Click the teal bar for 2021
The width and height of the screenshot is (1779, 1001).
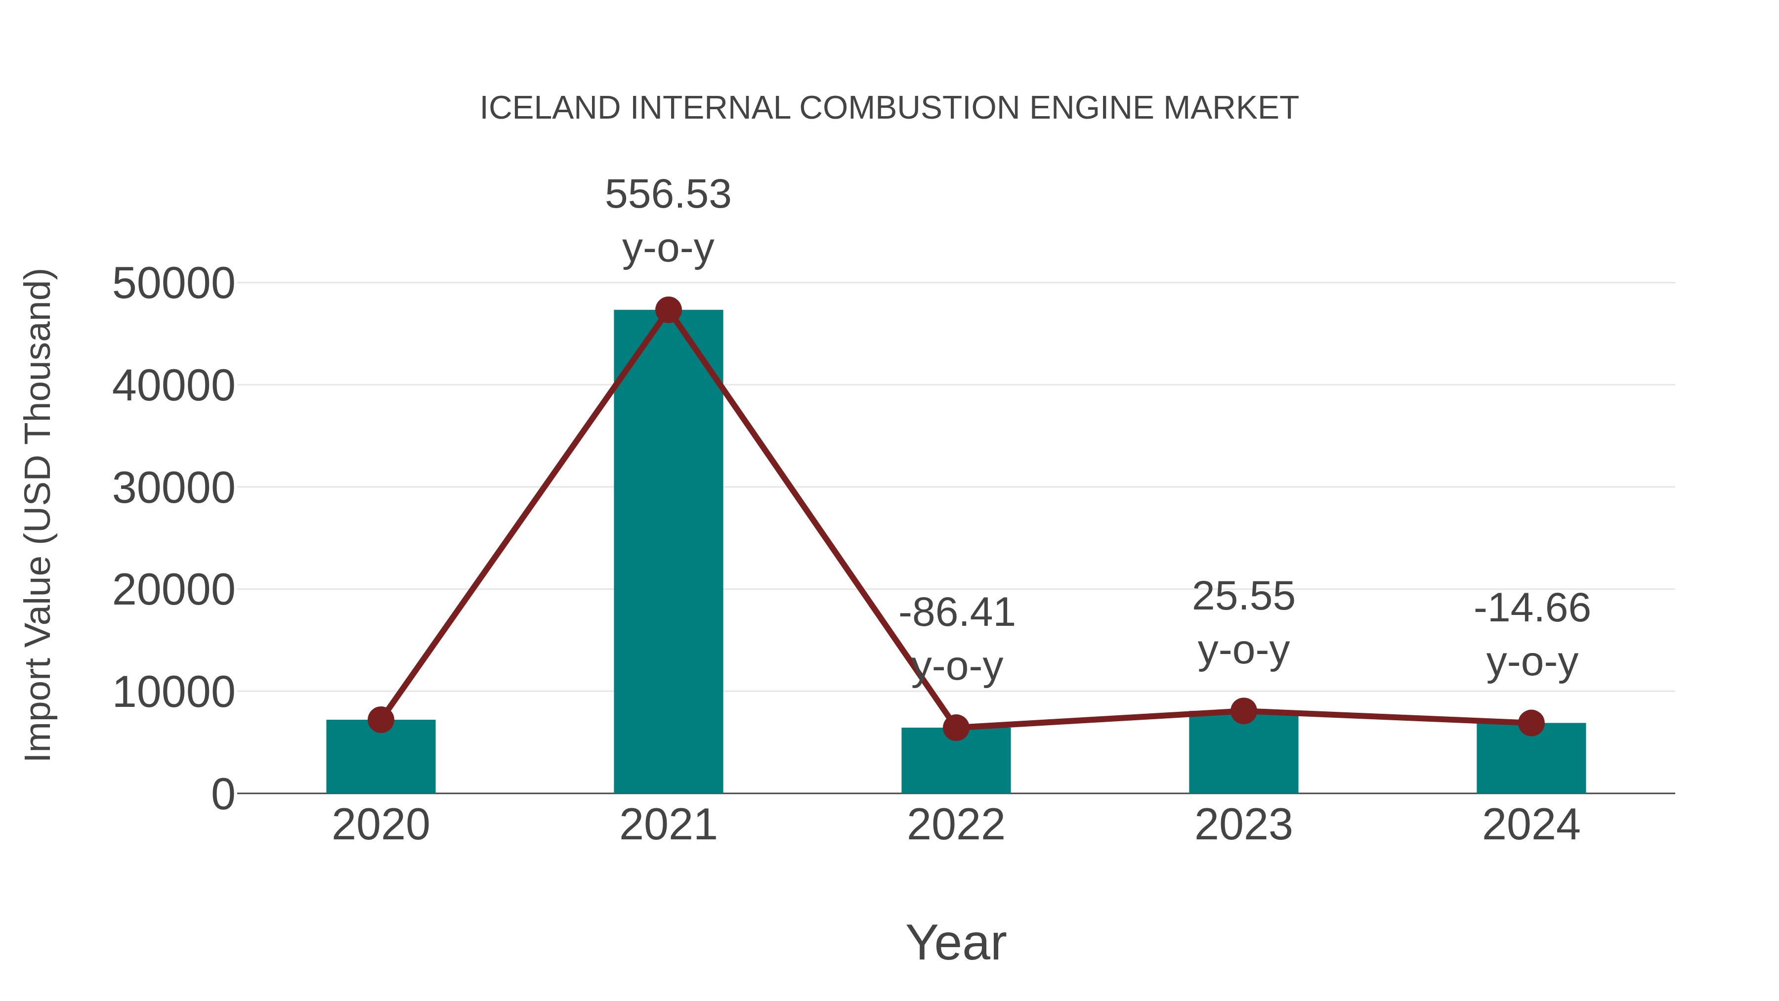668,553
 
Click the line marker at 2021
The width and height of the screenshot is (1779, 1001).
668,310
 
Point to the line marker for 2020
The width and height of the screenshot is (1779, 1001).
381,720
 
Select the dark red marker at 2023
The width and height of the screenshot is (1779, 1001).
1243,711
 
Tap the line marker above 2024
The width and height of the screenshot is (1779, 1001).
1531,723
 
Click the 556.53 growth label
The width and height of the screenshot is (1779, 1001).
668,194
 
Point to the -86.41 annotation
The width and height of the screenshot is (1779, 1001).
957,613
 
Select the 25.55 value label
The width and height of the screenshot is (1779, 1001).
1243,596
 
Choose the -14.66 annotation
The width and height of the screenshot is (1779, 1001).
1532,609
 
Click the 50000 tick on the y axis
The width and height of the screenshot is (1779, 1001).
173,283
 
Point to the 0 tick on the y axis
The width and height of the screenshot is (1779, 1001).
223,794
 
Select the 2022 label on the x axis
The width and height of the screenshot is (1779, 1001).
956,825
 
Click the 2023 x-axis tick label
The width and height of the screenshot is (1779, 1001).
1243,825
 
